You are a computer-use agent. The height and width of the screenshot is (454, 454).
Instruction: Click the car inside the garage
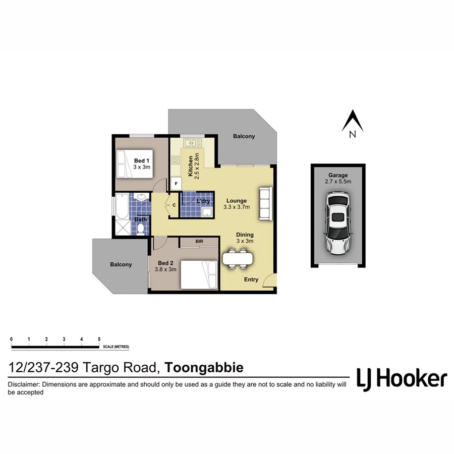click(x=337, y=222)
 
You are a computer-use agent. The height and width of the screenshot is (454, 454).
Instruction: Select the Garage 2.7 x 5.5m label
click(x=337, y=178)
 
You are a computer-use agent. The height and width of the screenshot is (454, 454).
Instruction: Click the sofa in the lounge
click(x=265, y=203)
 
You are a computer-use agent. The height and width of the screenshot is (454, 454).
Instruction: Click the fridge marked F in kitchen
click(x=176, y=184)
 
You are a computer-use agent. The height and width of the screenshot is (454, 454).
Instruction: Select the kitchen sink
click(x=193, y=143)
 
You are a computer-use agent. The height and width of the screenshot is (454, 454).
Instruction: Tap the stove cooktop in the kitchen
click(x=176, y=160)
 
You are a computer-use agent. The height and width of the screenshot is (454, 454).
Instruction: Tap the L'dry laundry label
click(x=204, y=201)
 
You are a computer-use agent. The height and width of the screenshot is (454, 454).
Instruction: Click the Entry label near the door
click(x=251, y=279)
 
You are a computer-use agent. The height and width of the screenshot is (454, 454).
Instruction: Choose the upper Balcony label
click(x=244, y=136)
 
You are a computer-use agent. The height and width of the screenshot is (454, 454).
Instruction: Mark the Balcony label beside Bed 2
click(x=121, y=264)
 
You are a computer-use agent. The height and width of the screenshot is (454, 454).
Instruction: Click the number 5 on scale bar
click(x=99, y=339)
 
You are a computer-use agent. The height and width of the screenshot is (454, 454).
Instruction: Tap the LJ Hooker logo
click(x=402, y=378)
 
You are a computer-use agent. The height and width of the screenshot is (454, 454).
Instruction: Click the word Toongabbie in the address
click(x=205, y=368)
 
